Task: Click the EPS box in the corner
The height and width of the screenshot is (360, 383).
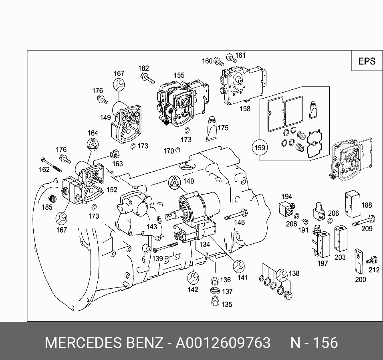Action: [367, 61]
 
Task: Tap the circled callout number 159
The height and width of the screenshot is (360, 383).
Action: [260, 148]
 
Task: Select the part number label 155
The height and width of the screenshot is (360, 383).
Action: [179, 75]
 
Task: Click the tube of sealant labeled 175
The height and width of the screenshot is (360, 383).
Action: [212, 128]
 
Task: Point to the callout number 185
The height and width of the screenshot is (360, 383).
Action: [47, 207]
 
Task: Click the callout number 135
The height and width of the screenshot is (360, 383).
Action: [226, 305]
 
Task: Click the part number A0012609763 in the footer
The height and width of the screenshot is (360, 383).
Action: [223, 343]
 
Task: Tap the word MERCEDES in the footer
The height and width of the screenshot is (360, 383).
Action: [83, 343]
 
